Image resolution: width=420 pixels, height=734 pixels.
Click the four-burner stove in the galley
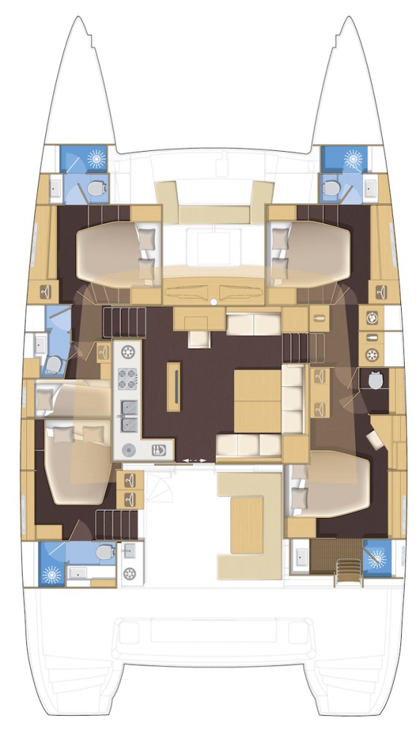point(127,379)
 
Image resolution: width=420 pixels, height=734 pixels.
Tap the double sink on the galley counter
point(127,413)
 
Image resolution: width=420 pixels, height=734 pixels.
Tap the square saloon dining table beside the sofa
point(257,401)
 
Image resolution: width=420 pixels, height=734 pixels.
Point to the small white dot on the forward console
point(212,301)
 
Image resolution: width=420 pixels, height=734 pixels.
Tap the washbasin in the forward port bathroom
point(56,189)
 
